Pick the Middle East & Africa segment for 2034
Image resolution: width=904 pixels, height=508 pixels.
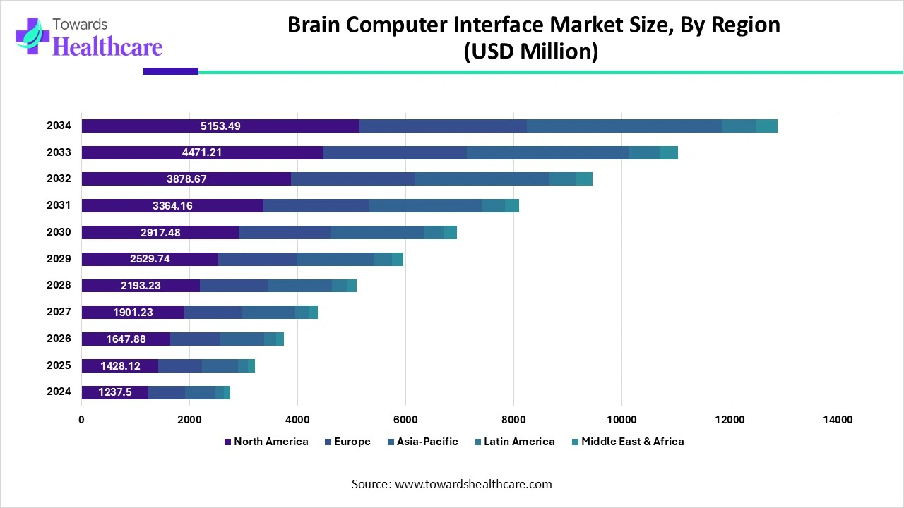click(x=766, y=126)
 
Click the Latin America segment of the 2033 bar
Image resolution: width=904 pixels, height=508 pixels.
click(x=644, y=152)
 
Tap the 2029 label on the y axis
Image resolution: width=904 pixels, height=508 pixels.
click(x=59, y=259)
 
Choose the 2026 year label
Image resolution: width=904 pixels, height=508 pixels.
click(x=59, y=339)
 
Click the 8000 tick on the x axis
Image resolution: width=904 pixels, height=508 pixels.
click(x=513, y=420)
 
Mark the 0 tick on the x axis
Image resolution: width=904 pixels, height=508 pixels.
click(x=81, y=420)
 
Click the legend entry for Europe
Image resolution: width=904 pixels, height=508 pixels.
click(x=352, y=442)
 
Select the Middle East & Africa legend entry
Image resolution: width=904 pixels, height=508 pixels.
click(x=632, y=442)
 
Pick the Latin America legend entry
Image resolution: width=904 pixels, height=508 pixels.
click(x=518, y=442)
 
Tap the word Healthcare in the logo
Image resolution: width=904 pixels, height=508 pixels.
click(x=107, y=47)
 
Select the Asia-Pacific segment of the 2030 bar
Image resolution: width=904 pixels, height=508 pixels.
click(x=376, y=233)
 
